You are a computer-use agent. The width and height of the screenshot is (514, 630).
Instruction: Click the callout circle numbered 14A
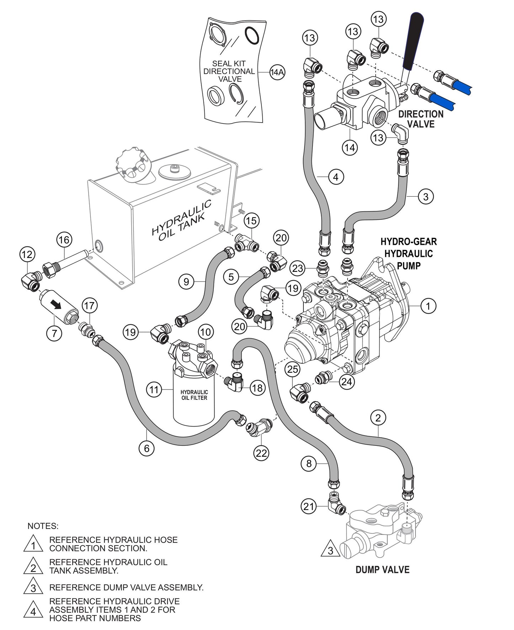click(277, 72)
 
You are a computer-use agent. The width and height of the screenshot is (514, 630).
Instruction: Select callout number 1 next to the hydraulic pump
click(428, 306)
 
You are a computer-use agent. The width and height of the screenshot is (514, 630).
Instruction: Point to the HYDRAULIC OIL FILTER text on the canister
click(194, 395)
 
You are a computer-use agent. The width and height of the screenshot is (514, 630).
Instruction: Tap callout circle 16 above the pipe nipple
click(64, 240)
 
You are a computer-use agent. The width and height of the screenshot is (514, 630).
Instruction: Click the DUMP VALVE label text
click(382, 569)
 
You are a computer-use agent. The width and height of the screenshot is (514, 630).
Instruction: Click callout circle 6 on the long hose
click(147, 448)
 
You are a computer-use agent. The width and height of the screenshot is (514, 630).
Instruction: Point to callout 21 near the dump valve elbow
click(309, 506)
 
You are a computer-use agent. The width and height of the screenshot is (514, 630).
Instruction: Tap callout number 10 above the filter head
click(206, 332)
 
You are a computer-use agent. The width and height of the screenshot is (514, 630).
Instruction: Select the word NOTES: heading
click(43, 526)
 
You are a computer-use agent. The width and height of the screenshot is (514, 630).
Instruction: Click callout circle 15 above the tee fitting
click(251, 221)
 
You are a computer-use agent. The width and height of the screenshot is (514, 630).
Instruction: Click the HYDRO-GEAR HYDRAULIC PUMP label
click(408, 253)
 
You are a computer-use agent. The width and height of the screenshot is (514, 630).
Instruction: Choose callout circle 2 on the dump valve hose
click(378, 418)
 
